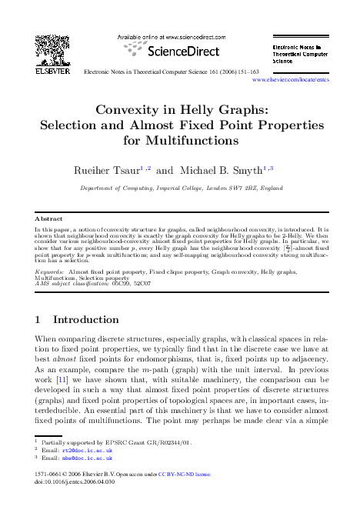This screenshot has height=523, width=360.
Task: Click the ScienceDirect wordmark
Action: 167,52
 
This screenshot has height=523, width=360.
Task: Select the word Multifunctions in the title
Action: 180,142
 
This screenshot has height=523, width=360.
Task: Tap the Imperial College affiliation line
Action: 179,187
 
